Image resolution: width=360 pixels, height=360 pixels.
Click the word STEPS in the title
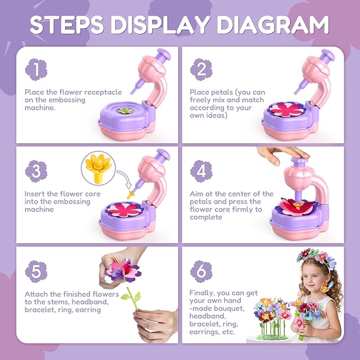(67, 25)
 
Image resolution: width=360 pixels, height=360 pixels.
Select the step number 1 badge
(36, 69)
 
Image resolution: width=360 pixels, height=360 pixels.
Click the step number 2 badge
(201, 69)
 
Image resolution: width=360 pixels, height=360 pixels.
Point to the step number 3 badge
(36, 171)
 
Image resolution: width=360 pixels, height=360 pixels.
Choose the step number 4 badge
(201, 171)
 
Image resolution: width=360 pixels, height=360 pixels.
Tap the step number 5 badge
(36, 271)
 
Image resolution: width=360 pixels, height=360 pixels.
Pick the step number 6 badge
(201, 271)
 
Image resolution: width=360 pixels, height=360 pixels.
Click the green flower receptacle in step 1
(125, 111)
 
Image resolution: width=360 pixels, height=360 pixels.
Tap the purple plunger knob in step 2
(328, 55)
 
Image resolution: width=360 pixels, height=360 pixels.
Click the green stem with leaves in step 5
(133, 299)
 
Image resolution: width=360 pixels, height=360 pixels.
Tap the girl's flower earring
(326, 287)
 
